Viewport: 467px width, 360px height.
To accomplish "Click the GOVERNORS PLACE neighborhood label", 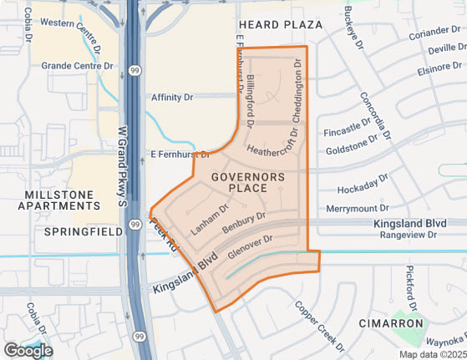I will pos(248,182).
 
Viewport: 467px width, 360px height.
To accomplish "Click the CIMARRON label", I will pos(389,322).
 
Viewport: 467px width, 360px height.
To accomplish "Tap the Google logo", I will pos(28,350).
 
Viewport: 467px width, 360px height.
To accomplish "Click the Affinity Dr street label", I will pos(172,97).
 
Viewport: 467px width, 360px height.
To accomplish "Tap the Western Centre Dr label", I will pos(74,22).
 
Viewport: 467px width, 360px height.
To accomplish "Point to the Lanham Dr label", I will pos(209,220).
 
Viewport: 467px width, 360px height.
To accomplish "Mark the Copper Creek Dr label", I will pos(317,324).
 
